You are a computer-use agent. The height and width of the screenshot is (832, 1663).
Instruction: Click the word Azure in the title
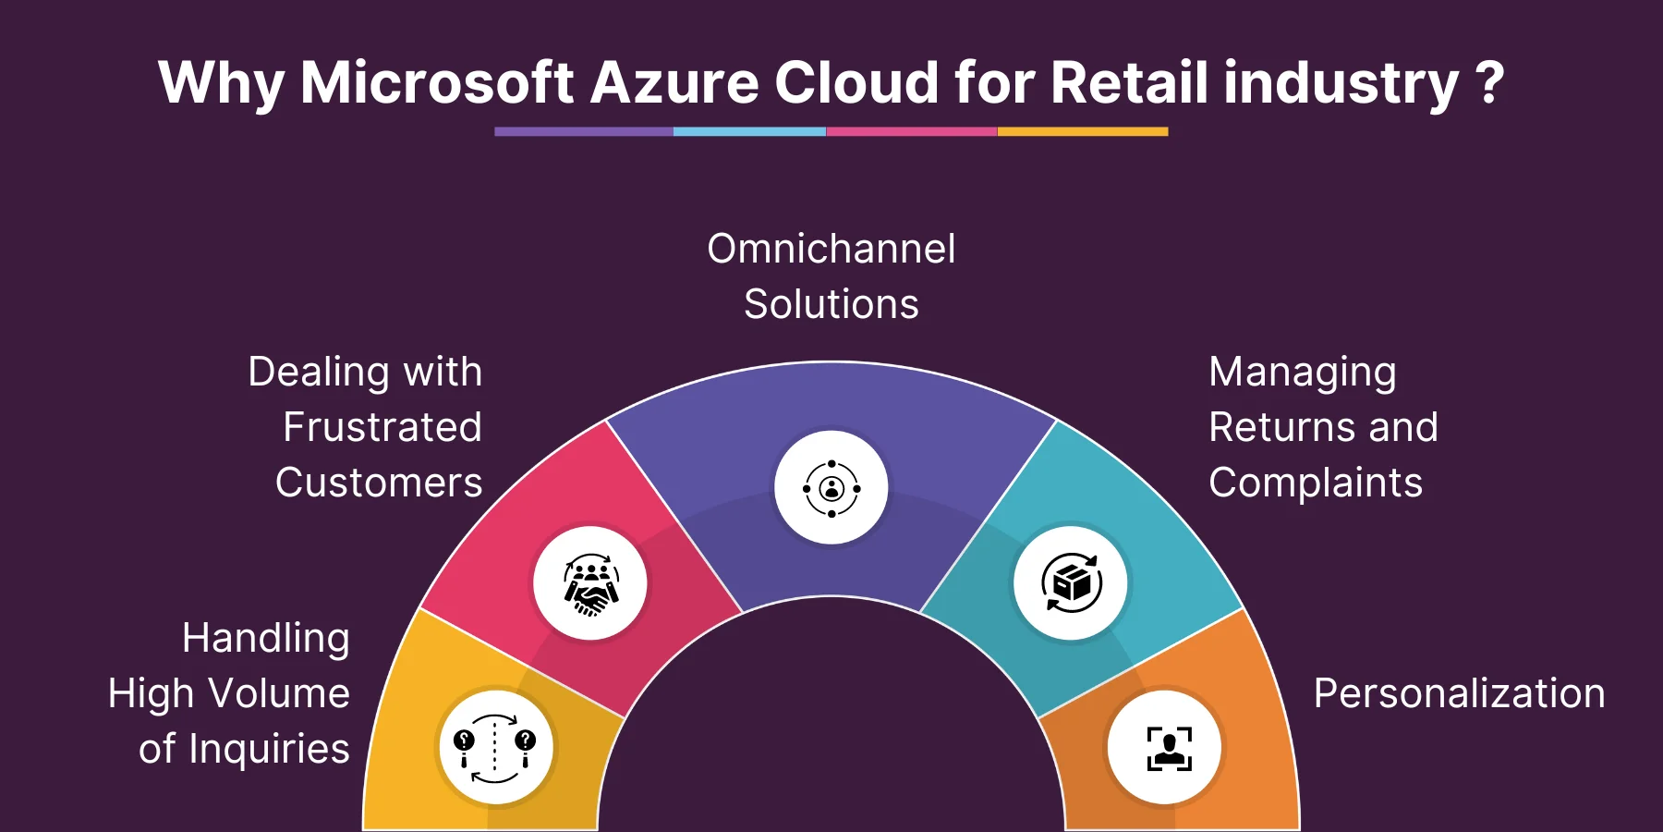click(x=674, y=82)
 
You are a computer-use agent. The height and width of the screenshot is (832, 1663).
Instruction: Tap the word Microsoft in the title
click(x=437, y=82)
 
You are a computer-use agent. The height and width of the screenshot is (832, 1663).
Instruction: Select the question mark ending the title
click(x=1489, y=82)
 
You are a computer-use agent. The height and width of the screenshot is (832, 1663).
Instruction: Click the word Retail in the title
click(x=1129, y=82)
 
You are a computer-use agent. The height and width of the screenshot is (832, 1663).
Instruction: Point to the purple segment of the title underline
click(x=584, y=131)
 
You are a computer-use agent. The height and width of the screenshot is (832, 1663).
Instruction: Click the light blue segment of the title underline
click(x=749, y=131)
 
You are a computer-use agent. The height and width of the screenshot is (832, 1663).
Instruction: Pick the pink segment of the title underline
click(x=912, y=131)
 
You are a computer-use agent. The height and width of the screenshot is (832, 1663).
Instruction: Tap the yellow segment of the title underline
click(x=1083, y=131)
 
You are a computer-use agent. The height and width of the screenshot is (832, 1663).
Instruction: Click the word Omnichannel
click(x=831, y=249)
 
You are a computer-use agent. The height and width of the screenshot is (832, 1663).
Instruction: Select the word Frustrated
click(x=382, y=427)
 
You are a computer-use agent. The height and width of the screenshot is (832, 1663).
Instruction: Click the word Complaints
click(x=1316, y=483)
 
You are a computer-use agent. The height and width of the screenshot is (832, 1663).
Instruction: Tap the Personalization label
click(x=1460, y=693)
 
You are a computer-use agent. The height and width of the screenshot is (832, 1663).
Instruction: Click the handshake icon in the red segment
click(x=590, y=583)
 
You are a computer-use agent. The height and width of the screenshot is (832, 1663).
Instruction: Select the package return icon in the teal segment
click(x=1071, y=582)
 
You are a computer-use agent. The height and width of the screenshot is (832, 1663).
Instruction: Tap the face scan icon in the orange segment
click(x=1170, y=748)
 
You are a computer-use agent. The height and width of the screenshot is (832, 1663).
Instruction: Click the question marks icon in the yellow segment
click(x=494, y=748)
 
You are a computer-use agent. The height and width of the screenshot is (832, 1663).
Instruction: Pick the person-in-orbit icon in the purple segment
click(x=831, y=487)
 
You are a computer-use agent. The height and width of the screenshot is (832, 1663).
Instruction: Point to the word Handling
click(x=266, y=639)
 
